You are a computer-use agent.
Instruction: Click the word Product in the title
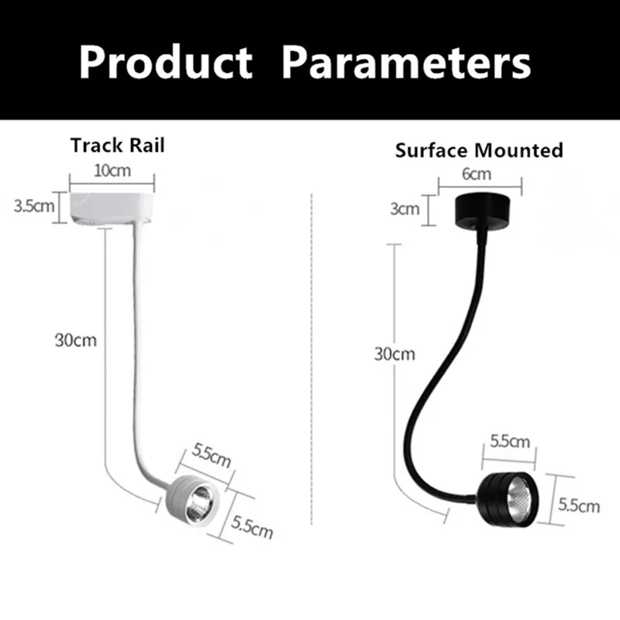pos(165,61)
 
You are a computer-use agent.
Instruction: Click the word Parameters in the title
pos(407,61)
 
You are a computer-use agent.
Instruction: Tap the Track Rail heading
pos(118,146)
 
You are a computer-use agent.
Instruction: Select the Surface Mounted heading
pos(479,150)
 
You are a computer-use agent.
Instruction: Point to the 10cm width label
pos(112,170)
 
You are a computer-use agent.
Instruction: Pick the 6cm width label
pos(478,175)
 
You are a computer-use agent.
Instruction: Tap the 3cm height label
pos(405,208)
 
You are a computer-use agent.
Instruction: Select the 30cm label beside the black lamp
pos(394,354)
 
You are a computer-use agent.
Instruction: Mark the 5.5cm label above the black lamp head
pos(511,443)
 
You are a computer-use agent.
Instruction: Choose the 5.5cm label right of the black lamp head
pos(580,506)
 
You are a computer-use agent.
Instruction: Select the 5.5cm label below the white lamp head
pos(253,525)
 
